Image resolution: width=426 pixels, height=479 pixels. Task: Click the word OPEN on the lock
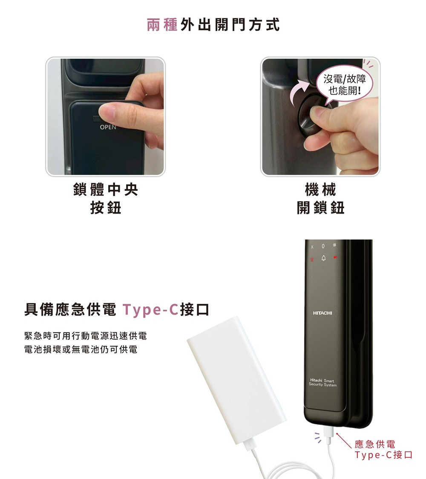point(108,127)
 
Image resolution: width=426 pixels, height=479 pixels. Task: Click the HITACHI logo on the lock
point(322,313)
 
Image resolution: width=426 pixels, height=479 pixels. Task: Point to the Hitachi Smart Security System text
point(322,382)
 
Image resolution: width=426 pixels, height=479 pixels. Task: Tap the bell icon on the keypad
point(323,258)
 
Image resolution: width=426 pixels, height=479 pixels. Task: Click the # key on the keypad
point(335,245)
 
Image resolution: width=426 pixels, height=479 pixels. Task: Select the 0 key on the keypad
point(323,246)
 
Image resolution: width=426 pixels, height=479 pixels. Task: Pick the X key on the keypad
point(312,247)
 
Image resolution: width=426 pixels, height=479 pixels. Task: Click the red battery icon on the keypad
point(335,257)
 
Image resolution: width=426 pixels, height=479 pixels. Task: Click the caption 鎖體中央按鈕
point(105,199)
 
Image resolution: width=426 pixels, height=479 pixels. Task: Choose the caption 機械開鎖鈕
point(320,199)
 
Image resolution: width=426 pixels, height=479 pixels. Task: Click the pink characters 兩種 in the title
point(162,25)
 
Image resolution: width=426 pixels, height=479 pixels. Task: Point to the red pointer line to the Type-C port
point(344,440)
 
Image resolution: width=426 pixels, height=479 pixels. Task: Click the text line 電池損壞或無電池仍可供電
point(81,349)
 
